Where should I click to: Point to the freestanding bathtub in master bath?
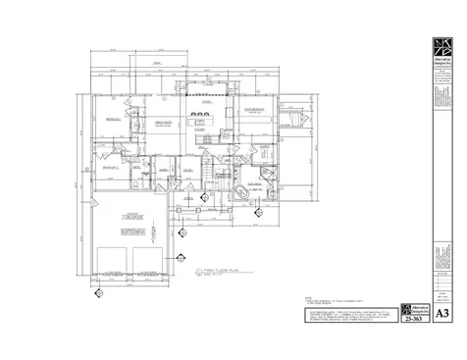[x=241, y=188]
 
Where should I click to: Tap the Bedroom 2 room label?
[x=109, y=168]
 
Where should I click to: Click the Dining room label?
[x=207, y=102]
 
